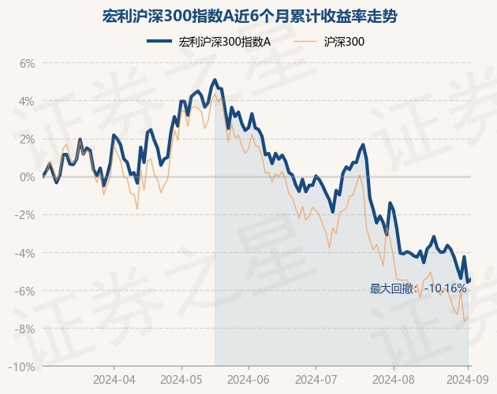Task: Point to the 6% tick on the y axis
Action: click(28, 63)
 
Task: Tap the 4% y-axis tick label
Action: click(28, 101)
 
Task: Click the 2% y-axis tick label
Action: click(28, 139)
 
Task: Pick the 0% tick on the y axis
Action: click(28, 177)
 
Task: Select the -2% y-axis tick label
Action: click(26, 214)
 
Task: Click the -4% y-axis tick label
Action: click(26, 253)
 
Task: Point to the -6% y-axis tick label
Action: click(26, 291)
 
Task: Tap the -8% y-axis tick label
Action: click(26, 329)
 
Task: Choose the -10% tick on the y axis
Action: click(24, 366)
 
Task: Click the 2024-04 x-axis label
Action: click(114, 378)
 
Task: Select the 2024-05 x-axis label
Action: click(181, 378)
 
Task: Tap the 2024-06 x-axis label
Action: click(248, 378)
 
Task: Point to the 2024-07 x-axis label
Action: click(316, 378)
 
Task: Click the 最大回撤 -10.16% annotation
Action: click(418, 288)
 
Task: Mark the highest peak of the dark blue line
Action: click(214, 80)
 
